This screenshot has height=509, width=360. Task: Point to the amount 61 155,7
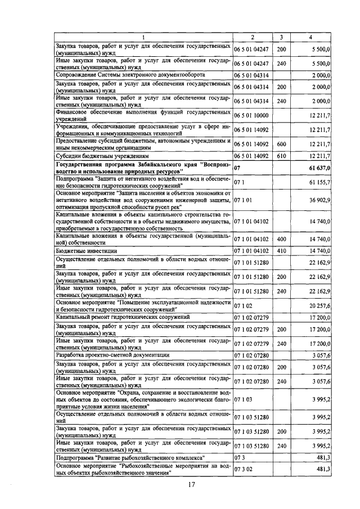tap(319, 182)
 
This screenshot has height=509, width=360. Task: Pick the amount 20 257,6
tap(319, 305)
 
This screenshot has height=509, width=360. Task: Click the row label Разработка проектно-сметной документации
tap(112, 355)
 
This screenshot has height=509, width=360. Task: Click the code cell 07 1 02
tap(241, 305)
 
